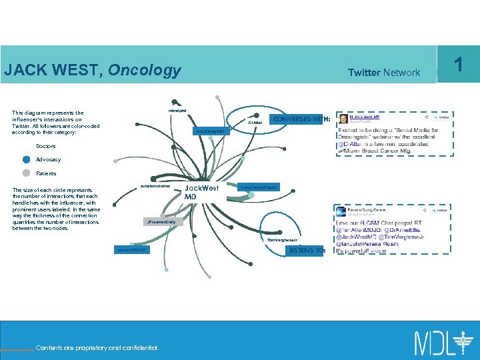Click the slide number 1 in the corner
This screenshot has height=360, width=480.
[458, 64]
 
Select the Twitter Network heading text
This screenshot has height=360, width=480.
[384, 73]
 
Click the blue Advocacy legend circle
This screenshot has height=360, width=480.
[26, 159]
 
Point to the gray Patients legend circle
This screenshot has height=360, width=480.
[26, 173]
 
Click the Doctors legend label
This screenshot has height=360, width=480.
[46, 146]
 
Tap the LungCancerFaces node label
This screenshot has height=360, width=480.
[259, 187]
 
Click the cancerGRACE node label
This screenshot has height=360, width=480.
[131, 250]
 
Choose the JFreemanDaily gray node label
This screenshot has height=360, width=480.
[163, 222]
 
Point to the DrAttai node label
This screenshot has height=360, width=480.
[255, 123]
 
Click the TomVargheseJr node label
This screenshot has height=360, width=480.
[281, 239]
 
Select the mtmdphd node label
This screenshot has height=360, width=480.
[178, 109]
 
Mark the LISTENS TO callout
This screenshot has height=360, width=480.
[306, 251]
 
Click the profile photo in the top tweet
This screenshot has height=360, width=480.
[343, 119]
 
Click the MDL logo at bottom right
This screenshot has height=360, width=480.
[441, 342]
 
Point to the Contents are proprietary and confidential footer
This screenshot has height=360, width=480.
[97, 347]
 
